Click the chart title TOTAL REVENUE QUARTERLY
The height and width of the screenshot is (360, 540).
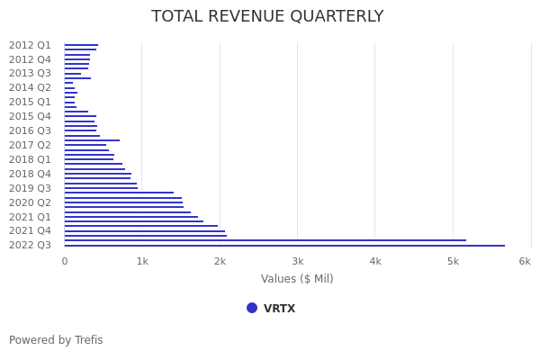(267, 17)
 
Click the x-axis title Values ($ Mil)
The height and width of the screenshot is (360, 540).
(297, 279)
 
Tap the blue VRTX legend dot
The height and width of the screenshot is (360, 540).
(252, 308)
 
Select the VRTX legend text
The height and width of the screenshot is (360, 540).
(279, 309)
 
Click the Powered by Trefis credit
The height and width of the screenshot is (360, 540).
(56, 340)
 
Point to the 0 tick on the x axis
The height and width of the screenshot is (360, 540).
(64, 261)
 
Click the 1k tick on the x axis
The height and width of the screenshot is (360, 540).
(142, 261)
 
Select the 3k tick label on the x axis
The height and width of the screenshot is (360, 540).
(298, 261)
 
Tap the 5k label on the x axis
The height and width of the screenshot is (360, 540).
(453, 261)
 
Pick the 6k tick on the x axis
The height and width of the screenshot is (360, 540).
(525, 261)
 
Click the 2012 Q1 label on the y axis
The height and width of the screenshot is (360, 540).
(30, 45)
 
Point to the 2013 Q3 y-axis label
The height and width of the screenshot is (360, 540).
(30, 74)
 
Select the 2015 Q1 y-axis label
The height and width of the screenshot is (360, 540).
(30, 103)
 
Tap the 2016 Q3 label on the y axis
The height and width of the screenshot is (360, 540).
(30, 130)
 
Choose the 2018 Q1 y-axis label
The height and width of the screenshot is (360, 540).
(30, 159)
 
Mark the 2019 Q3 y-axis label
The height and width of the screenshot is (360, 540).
(30, 188)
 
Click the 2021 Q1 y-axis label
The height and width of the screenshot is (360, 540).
(30, 217)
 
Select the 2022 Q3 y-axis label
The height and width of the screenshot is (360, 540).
(30, 245)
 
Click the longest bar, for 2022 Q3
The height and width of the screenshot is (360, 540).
(283, 245)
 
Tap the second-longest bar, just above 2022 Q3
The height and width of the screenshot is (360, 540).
(265, 240)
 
